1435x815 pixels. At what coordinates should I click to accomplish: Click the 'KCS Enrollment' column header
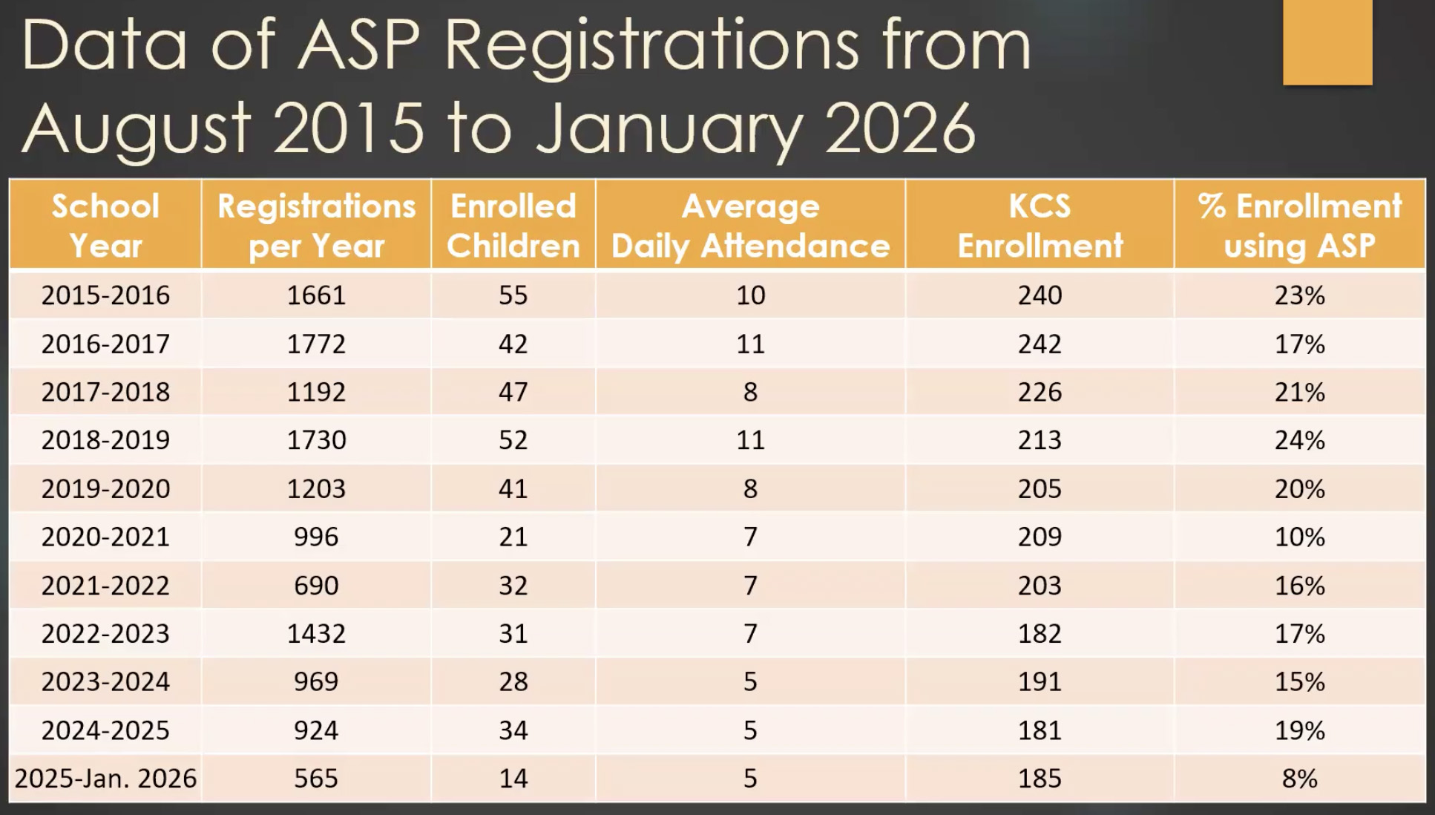[x=1040, y=226]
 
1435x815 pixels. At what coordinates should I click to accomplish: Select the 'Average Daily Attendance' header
[x=750, y=226]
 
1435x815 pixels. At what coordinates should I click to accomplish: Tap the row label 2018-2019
[x=105, y=440]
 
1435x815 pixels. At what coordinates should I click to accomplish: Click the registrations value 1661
[x=316, y=295]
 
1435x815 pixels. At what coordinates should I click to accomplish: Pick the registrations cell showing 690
[x=316, y=586]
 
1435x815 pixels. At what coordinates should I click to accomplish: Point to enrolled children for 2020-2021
[x=513, y=537]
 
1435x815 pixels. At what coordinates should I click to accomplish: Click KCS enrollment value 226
[x=1040, y=392]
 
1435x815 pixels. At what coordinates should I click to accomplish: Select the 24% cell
[x=1299, y=440]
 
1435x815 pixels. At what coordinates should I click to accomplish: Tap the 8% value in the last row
[x=1299, y=779]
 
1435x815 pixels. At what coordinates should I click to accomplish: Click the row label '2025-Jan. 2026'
[x=105, y=779]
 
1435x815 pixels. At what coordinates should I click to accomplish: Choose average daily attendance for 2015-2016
[x=750, y=295]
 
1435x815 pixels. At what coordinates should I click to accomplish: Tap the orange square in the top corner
[x=1327, y=42]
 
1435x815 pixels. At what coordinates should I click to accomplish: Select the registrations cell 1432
[x=316, y=634]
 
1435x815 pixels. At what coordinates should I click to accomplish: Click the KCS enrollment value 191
[x=1040, y=682]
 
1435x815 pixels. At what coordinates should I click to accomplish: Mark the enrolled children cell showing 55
[x=513, y=295]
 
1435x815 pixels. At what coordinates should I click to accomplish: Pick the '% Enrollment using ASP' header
[x=1299, y=226]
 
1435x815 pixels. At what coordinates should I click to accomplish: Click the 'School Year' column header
[x=105, y=226]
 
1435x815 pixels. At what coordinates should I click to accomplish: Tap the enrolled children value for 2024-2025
[x=513, y=730]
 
